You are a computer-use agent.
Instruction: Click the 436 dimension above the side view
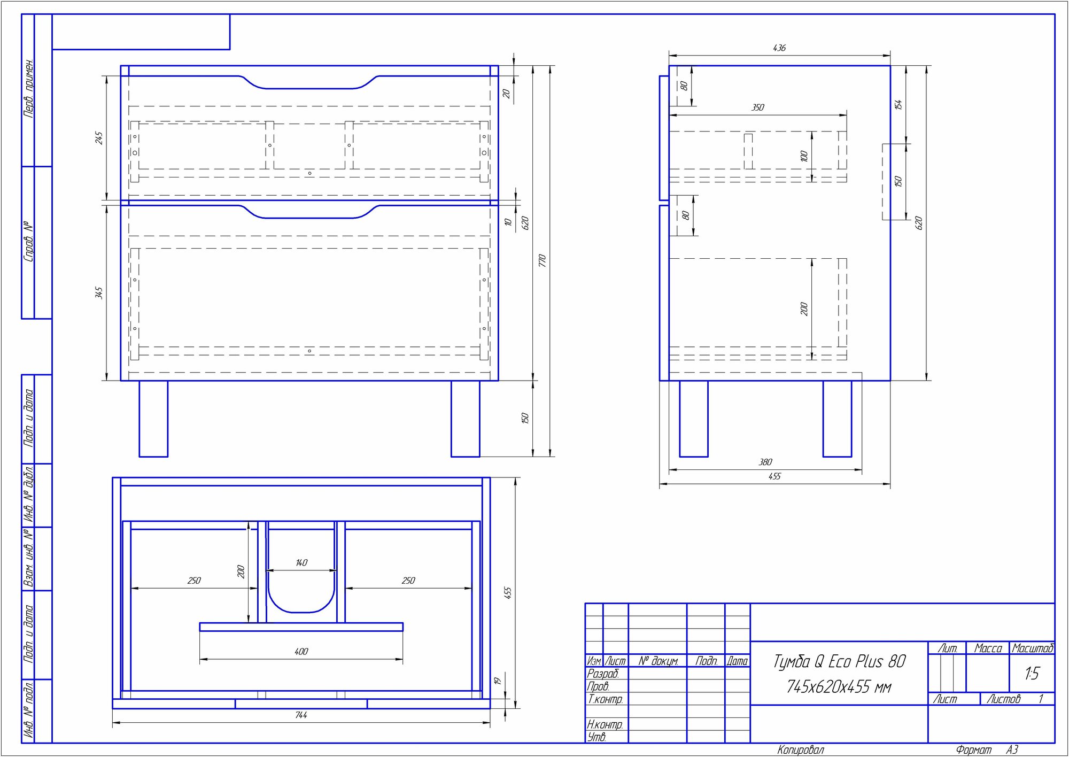[779, 48]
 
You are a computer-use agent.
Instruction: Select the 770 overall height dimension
[542, 261]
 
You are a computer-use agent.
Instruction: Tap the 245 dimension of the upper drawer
[99, 138]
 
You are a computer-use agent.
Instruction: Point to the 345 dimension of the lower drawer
[99, 293]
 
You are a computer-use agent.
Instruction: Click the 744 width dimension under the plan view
[301, 715]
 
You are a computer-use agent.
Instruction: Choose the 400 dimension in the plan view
[301, 652]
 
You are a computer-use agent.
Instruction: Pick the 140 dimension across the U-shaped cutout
[301, 563]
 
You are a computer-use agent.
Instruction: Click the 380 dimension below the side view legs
[765, 462]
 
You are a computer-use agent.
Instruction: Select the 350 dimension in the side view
[758, 108]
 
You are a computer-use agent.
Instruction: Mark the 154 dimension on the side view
[898, 105]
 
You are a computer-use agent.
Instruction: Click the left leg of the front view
[153, 419]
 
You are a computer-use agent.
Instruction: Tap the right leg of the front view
[465, 419]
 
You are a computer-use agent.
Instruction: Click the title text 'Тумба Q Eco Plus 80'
[839, 662]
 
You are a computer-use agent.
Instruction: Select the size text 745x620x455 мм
[839, 687]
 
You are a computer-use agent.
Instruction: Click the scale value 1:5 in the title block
[1032, 674]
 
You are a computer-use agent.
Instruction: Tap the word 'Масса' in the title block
[988, 648]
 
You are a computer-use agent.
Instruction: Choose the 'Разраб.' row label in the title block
[603, 674]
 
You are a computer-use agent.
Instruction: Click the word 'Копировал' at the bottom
[801, 750]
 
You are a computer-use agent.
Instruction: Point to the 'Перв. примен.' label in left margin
[29, 88]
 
